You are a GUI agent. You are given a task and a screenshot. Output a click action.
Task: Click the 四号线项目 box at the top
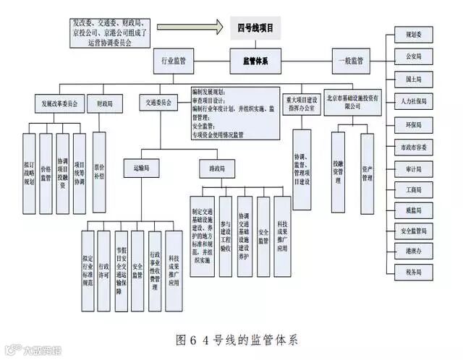point(255,29)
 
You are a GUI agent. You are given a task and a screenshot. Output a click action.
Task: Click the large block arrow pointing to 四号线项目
point(188,30)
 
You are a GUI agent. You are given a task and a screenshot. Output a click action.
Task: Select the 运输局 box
point(140,167)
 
